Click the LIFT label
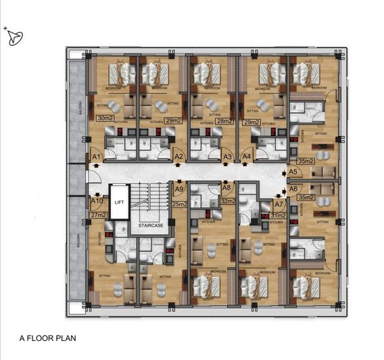click(x=119, y=202)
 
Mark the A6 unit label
click(x=293, y=189)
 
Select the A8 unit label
click(x=226, y=188)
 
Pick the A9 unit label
click(x=179, y=190)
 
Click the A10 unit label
click(x=97, y=201)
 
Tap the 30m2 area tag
click(x=104, y=118)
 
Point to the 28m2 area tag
click(x=224, y=120)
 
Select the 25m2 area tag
click(x=179, y=204)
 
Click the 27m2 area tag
click(x=99, y=215)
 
